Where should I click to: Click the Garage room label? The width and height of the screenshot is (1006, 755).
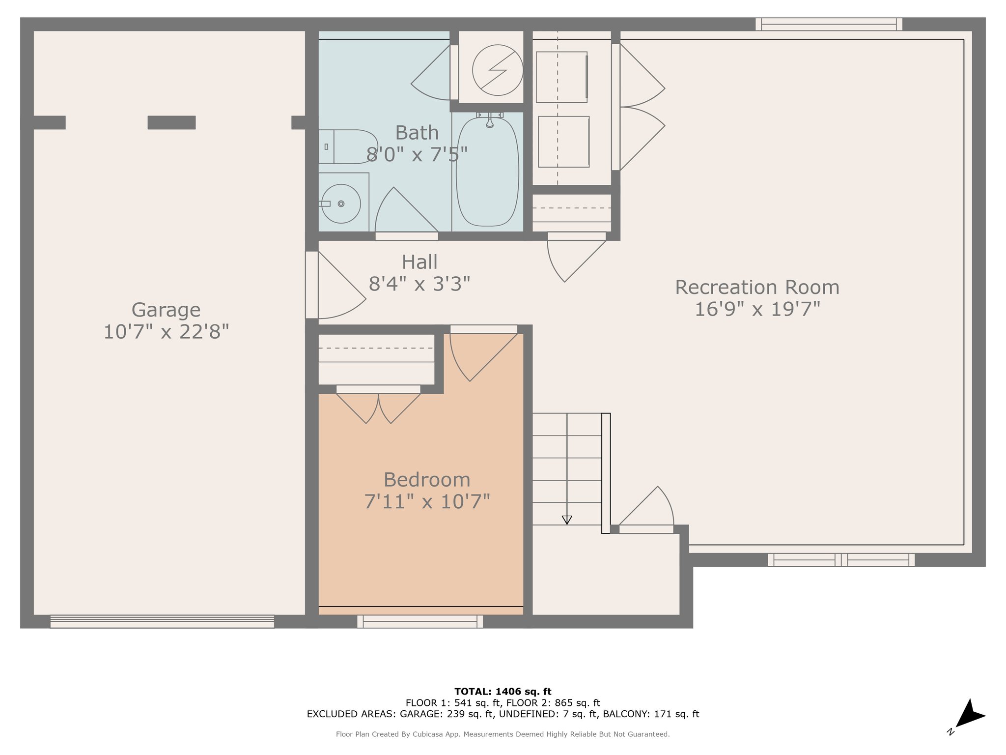coord(166,310)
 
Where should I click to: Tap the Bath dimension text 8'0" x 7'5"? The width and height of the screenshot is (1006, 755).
coord(417,154)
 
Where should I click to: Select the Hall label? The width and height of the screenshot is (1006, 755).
coord(419,262)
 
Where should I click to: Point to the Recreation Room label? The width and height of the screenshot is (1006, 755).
coord(757,288)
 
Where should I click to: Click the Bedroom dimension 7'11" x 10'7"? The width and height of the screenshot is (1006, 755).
coord(427,501)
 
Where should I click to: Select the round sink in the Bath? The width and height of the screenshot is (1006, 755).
coord(341,203)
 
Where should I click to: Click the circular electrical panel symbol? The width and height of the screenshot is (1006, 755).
coord(498,70)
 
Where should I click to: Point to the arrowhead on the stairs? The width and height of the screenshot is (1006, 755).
coord(567,520)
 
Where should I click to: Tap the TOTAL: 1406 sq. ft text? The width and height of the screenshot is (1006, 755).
coord(503,692)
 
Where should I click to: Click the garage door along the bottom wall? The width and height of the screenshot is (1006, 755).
coord(162,621)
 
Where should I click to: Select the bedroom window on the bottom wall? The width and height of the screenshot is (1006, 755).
coord(420,622)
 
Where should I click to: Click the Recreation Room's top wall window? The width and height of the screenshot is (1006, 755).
coord(829,24)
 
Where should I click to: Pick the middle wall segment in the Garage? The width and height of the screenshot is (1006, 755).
coord(171,122)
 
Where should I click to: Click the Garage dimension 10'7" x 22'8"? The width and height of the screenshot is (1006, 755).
coord(166,332)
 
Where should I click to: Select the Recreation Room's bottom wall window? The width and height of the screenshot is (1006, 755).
coord(841,560)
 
